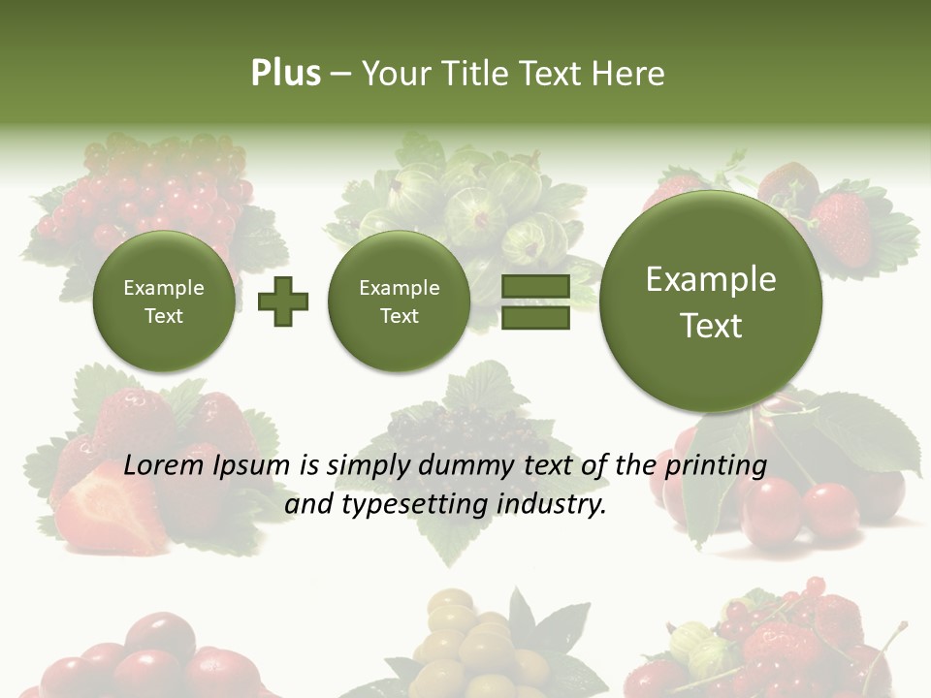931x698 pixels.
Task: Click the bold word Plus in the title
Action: point(285,74)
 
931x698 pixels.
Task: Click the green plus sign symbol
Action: point(283,301)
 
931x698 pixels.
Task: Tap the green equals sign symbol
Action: point(535,301)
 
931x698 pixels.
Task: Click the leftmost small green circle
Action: point(163,301)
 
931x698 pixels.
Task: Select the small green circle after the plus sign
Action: point(399,301)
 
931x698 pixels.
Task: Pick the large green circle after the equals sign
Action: point(711,301)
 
